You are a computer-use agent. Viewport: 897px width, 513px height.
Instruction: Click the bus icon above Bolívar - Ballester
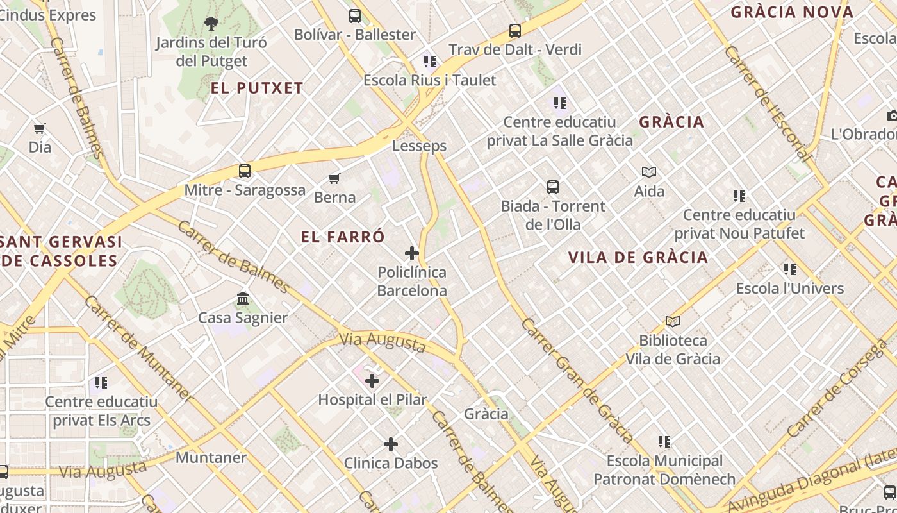[x=354, y=16]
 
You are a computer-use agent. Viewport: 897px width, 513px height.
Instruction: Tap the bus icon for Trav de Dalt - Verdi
[x=514, y=31]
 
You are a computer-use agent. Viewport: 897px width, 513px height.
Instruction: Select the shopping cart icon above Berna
[x=334, y=178]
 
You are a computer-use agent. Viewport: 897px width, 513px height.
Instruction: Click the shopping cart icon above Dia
[x=40, y=129]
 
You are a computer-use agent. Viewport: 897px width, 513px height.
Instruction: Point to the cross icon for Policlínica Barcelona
[x=412, y=253]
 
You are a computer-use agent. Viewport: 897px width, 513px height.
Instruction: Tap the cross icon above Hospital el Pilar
[x=372, y=381]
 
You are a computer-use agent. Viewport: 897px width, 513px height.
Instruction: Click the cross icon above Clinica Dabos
[x=391, y=444]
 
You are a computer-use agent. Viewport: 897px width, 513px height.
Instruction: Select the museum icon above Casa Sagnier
[x=243, y=299]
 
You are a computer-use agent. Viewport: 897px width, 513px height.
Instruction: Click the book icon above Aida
[x=649, y=172]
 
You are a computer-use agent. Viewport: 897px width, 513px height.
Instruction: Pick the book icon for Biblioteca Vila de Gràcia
[x=672, y=322]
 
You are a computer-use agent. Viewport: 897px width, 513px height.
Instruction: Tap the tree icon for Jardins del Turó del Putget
[x=211, y=24]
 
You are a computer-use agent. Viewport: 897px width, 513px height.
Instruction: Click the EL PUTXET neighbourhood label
[x=257, y=88]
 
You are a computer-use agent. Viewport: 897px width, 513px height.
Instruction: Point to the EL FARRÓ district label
[x=343, y=237]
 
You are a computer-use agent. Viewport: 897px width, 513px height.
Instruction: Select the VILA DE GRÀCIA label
[x=638, y=258]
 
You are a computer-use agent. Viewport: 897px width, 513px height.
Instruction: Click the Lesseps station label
[x=419, y=146]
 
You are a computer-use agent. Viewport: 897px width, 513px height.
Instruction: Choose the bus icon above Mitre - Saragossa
[x=244, y=171]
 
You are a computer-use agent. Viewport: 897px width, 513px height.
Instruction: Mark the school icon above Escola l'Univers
[x=789, y=270]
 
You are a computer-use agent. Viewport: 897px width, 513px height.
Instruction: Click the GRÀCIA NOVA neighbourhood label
[x=792, y=12]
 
